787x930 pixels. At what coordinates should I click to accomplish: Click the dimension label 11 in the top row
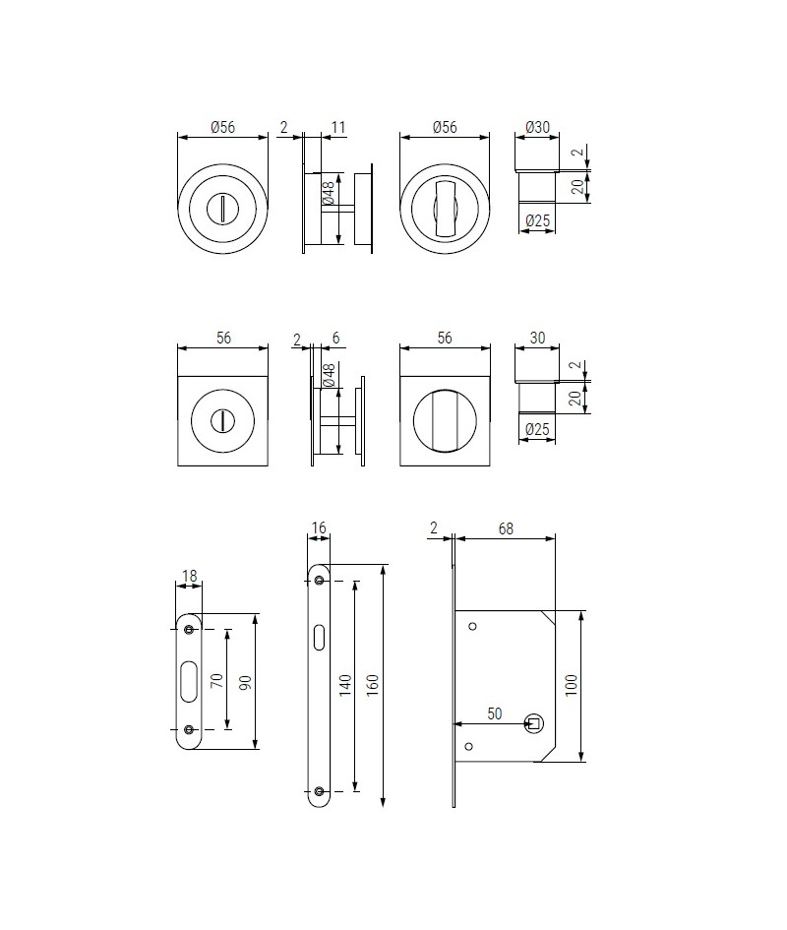pyautogui.click(x=338, y=127)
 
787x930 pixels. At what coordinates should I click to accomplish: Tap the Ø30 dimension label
pyautogui.click(x=537, y=127)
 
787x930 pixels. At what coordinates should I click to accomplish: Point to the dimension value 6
pyautogui.click(x=335, y=339)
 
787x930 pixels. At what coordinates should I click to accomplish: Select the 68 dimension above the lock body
pyautogui.click(x=506, y=528)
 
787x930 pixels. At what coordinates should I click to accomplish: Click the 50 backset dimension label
pyautogui.click(x=495, y=713)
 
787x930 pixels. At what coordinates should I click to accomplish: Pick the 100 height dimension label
pyautogui.click(x=571, y=686)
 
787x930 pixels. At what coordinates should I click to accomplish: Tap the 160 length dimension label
pyautogui.click(x=372, y=686)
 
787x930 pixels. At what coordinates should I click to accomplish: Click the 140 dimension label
pyautogui.click(x=344, y=686)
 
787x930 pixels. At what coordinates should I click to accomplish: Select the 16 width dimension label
pyautogui.click(x=319, y=527)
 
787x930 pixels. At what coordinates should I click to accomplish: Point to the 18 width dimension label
pyautogui.click(x=189, y=576)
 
